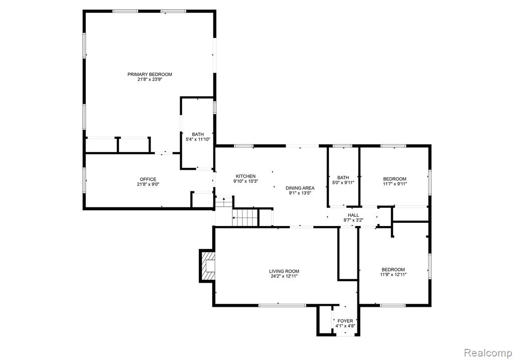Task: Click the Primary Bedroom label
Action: [x=150, y=74]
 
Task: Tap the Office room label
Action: [x=148, y=179]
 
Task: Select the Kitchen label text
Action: [x=246, y=176]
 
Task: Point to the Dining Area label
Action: [x=300, y=188]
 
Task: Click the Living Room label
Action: [x=284, y=271]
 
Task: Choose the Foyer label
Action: [x=345, y=321]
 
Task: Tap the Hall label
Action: [x=353, y=215]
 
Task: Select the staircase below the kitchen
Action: [x=245, y=218]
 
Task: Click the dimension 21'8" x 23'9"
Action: [x=150, y=80]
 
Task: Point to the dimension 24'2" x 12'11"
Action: [x=284, y=277]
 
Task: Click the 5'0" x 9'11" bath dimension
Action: [x=343, y=183]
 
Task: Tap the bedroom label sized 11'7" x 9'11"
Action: [x=395, y=179]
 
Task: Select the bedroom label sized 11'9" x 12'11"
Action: [x=393, y=270]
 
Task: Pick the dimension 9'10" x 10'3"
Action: [x=246, y=182]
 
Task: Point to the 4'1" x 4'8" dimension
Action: [x=345, y=326]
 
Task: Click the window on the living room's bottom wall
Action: [x=282, y=305]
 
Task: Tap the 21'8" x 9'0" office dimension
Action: [x=148, y=185]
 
